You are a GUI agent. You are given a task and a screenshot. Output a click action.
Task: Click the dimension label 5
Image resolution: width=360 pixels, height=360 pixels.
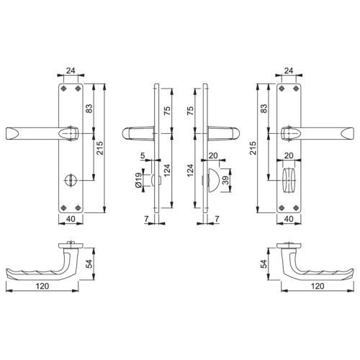click(x=143, y=156)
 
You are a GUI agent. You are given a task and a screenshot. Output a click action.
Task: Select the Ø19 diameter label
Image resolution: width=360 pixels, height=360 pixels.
click(x=138, y=180)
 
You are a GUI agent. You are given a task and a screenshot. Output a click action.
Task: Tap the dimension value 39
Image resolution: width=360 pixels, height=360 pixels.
click(x=225, y=180)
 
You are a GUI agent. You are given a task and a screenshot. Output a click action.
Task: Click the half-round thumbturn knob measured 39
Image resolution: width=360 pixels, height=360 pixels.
click(x=213, y=180)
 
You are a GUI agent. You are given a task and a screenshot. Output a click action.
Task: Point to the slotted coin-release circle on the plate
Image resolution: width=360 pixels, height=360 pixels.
click(x=69, y=180)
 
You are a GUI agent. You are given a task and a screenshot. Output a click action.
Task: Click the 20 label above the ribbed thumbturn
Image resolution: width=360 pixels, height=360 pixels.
click(x=289, y=156)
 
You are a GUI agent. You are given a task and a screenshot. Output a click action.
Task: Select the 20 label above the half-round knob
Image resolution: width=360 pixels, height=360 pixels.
click(x=213, y=156)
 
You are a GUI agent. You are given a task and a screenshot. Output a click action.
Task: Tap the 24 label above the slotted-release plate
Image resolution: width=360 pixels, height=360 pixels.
click(x=71, y=71)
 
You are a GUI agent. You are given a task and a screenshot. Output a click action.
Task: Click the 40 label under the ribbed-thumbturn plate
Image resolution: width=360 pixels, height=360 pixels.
click(x=289, y=219)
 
